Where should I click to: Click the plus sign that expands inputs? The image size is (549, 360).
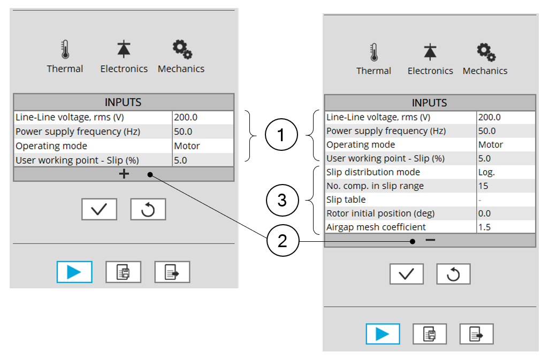click(x=124, y=174)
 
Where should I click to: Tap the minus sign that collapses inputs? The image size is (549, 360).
click(x=430, y=240)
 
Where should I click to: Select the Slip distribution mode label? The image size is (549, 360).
click(x=373, y=172)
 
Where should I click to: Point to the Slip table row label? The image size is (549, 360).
click(x=346, y=200)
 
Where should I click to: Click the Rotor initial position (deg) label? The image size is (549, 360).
click(x=380, y=213)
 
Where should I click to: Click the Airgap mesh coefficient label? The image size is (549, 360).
click(x=376, y=227)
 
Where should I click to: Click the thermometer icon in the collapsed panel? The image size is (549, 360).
click(x=65, y=50)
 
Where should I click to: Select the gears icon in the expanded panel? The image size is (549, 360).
click(x=486, y=52)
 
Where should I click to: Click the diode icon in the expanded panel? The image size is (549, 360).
click(x=430, y=52)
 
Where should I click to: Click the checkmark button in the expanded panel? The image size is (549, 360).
click(x=406, y=274)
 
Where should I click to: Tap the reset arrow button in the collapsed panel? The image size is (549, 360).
click(x=148, y=210)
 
